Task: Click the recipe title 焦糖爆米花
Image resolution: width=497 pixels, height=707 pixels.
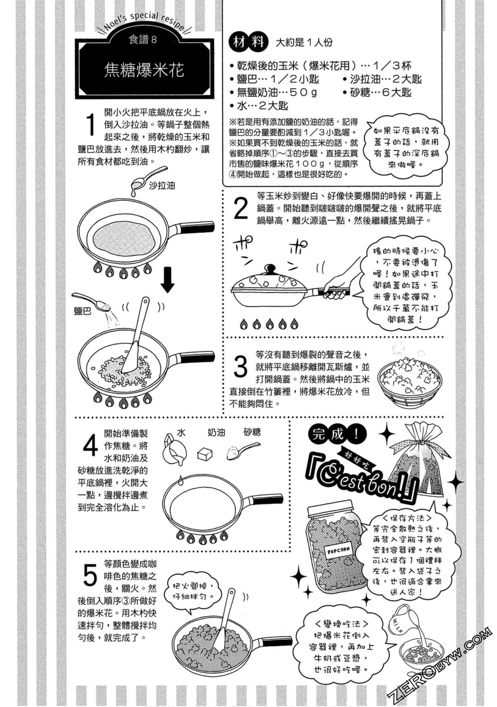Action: (x=144, y=70)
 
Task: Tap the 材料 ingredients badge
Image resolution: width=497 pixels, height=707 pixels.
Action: (x=248, y=42)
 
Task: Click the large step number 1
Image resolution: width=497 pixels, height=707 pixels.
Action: (x=90, y=125)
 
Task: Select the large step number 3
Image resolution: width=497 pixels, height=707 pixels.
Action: (x=241, y=367)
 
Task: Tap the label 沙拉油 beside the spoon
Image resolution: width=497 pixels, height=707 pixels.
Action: (x=162, y=186)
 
